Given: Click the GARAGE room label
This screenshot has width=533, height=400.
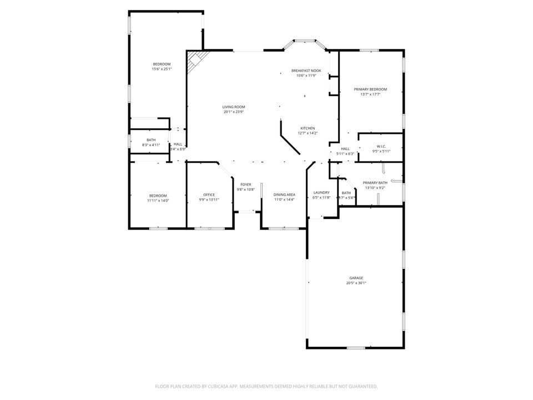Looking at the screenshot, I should pyautogui.click(x=356, y=278).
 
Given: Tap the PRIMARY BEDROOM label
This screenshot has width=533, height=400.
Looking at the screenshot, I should pyautogui.click(x=370, y=89).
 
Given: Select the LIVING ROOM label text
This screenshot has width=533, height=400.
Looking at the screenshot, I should pyautogui.click(x=234, y=107).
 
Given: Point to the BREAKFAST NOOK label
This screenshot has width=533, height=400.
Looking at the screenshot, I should pyautogui.click(x=306, y=71).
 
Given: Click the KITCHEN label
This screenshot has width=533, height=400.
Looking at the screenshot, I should pyautogui.click(x=308, y=128).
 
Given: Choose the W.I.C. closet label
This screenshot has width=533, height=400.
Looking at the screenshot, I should pyautogui.click(x=380, y=147).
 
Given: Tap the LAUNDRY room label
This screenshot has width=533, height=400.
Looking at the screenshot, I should pyautogui.click(x=321, y=192).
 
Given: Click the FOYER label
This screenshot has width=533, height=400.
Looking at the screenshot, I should pyautogui.click(x=245, y=184).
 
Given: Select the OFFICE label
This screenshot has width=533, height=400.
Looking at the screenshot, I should pyautogui.click(x=209, y=194).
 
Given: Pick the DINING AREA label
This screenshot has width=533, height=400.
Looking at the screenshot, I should pyautogui.click(x=284, y=194).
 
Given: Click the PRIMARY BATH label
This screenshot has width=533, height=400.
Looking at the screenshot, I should pyautogui.click(x=375, y=183).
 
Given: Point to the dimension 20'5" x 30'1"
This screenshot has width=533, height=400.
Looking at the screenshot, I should pyautogui.click(x=356, y=283).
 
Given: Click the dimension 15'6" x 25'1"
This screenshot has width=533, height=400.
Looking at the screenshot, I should pyautogui.click(x=162, y=69).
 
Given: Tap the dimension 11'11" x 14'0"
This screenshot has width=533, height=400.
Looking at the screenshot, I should pyautogui.click(x=158, y=200).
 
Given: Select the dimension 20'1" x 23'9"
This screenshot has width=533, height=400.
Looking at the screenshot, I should pyautogui.click(x=234, y=112).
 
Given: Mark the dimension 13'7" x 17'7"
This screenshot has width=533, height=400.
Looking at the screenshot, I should pyautogui.click(x=370, y=94).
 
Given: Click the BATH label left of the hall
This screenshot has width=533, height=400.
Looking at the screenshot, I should pyautogui.click(x=151, y=140).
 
